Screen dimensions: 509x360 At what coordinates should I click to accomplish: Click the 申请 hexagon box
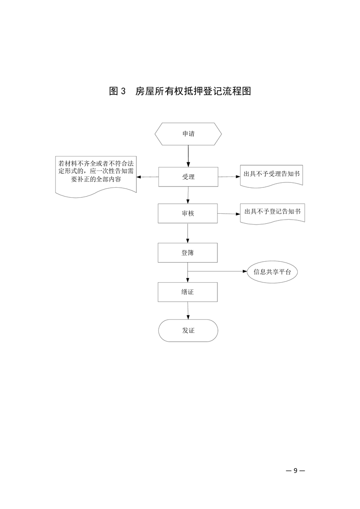[188, 134]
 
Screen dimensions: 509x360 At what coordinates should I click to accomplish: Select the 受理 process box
[188, 176]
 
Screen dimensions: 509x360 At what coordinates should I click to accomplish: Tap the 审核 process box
[188, 213]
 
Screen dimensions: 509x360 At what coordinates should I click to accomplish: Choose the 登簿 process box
[188, 253]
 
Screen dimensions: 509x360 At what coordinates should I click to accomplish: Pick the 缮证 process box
[188, 292]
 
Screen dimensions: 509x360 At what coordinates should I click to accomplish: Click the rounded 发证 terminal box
[188, 330]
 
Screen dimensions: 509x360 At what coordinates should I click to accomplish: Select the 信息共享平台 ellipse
[272, 272]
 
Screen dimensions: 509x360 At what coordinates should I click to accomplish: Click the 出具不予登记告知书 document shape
[272, 212]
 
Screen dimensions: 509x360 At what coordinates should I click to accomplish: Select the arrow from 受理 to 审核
[188, 195]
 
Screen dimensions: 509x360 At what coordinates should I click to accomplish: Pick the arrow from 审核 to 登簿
[188, 233]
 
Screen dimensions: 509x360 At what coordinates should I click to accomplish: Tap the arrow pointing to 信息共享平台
[218, 272]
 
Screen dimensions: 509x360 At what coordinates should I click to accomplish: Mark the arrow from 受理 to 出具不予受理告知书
[229, 176]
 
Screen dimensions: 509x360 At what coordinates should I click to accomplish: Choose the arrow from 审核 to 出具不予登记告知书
[229, 213]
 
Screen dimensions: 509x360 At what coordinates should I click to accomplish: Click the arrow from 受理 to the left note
[148, 177]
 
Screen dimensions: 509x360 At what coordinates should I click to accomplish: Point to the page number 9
[296, 470]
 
